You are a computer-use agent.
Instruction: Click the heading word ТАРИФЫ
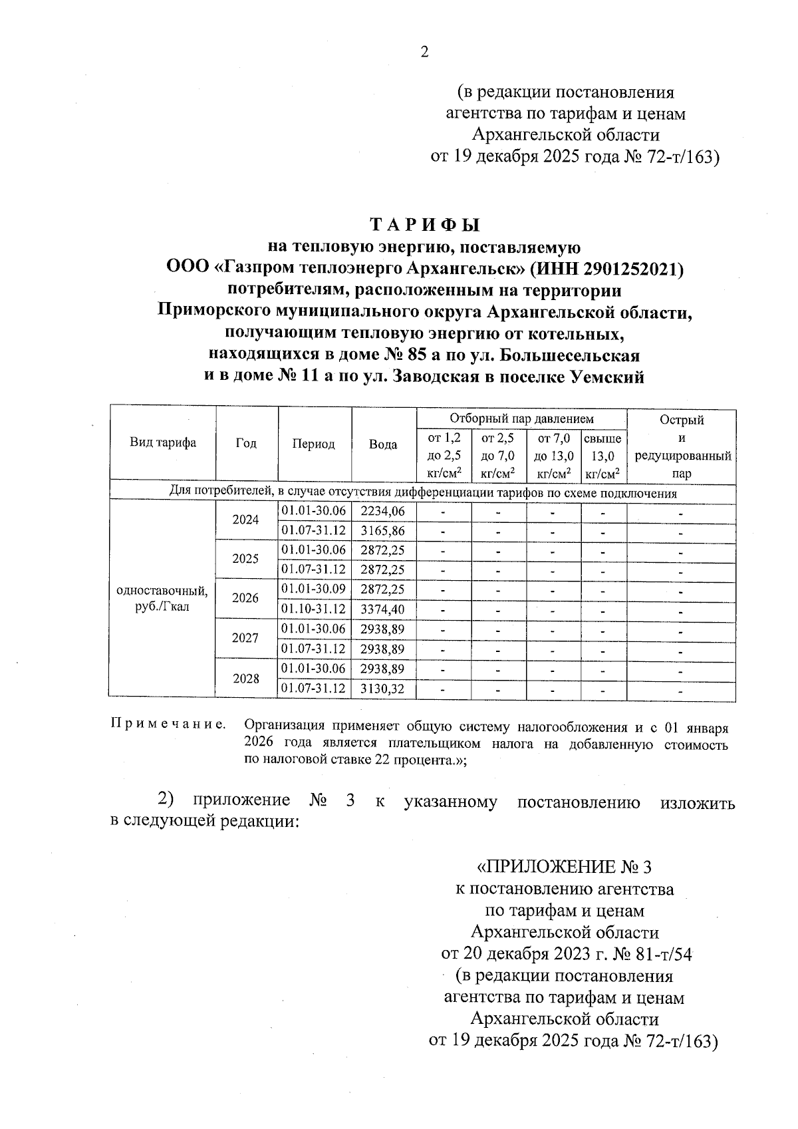point(424,225)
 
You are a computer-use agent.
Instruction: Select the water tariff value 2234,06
point(382,511)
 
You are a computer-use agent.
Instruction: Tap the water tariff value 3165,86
point(382,531)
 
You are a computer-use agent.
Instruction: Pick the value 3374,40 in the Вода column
point(382,609)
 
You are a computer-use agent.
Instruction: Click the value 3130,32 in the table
point(382,689)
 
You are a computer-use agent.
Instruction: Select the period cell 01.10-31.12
point(314,609)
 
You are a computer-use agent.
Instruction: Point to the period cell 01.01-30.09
point(314,589)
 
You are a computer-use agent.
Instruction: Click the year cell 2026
point(245,598)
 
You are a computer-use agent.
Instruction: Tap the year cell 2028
point(245,679)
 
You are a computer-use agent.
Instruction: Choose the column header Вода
point(383,444)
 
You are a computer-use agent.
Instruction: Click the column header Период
point(314,444)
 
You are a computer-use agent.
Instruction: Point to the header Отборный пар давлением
point(521,419)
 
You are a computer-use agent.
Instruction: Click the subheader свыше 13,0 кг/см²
point(603,456)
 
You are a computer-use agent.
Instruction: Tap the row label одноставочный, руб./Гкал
point(162,599)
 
